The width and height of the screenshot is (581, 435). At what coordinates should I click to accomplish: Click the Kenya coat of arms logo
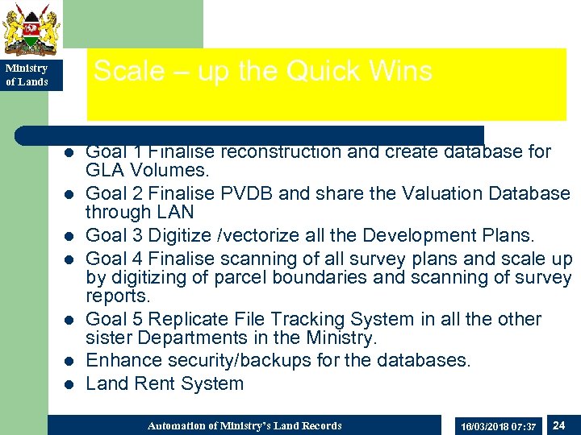[x=31, y=29]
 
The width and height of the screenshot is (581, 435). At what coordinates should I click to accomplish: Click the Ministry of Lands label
[x=27, y=75]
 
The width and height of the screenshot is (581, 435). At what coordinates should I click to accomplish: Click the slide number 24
[x=558, y=425]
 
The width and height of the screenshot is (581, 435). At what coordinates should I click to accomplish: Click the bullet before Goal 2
[x=69, y=194]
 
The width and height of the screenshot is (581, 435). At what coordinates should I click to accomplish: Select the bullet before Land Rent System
[x=69, y=384]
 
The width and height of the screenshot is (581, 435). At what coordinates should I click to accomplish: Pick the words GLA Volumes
[x=148, y=170]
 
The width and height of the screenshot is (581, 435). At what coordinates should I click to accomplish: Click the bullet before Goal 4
[x=69, y=259]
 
